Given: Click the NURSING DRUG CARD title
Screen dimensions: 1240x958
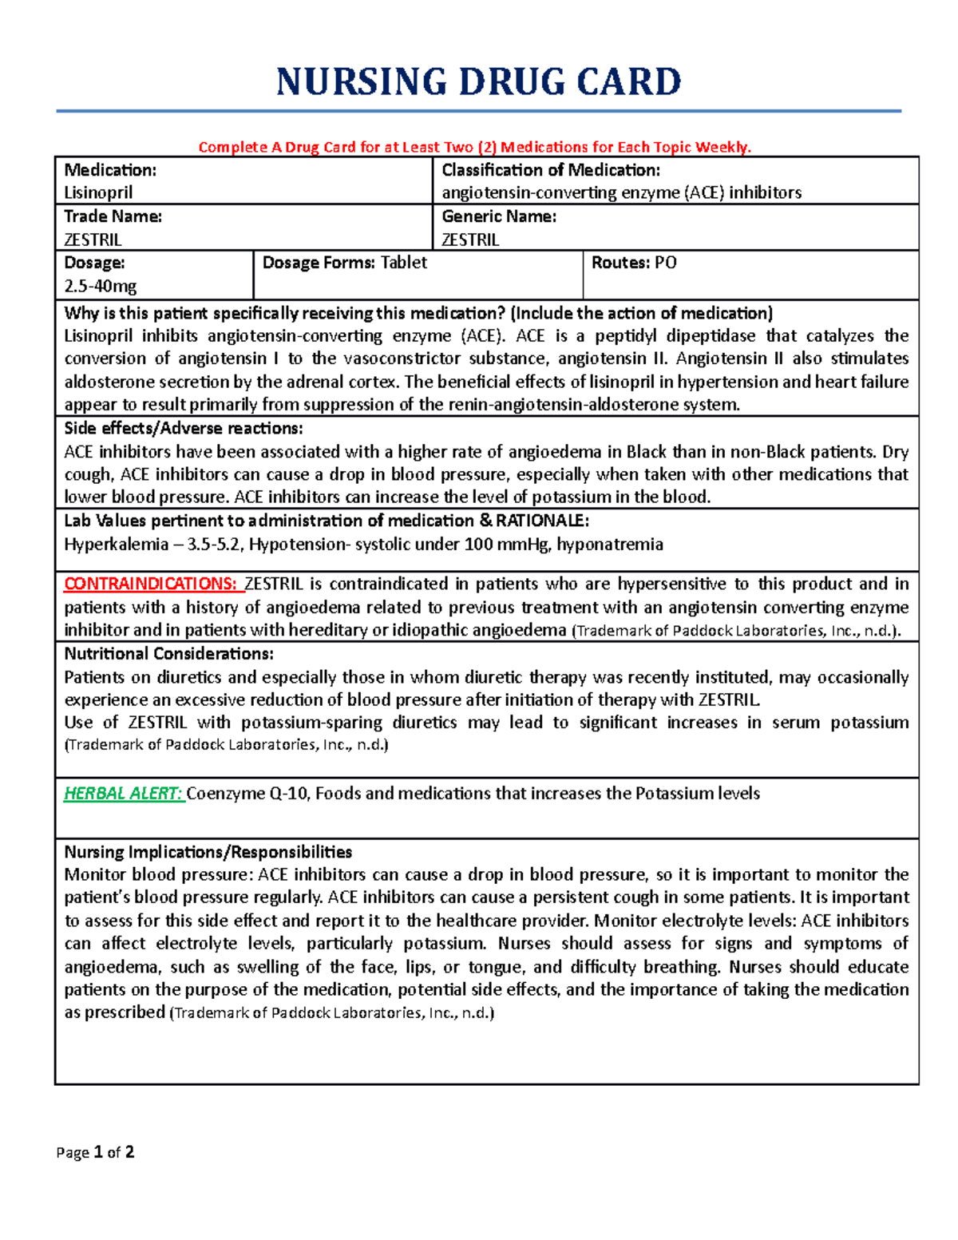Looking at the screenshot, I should pos(478,82).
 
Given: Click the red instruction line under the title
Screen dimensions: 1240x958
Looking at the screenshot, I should pos(474,147).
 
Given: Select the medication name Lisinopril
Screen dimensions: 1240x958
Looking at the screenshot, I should pos(98,192).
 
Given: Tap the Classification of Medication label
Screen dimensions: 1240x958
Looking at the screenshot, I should pos(551,170).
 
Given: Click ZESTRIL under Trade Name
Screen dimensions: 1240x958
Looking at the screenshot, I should pos(93,240).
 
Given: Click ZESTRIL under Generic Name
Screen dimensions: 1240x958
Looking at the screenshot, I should pos(470,240).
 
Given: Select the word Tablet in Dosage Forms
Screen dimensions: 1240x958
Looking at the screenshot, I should pos(403,263).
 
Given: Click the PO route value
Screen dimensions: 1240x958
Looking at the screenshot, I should pos(665,263).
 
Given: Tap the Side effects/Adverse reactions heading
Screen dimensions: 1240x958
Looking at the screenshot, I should pos(184,429).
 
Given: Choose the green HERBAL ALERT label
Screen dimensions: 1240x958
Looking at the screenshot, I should pos(123,794).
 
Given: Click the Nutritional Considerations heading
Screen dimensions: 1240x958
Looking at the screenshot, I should pos(168,654).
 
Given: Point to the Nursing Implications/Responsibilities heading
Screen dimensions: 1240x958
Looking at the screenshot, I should pos(208,852).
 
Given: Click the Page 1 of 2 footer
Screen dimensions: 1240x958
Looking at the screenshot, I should pos(95,1152).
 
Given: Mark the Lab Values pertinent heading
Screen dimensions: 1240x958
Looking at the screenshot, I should pos(327,521).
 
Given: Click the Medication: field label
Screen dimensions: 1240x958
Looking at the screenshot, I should pos(110,170).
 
